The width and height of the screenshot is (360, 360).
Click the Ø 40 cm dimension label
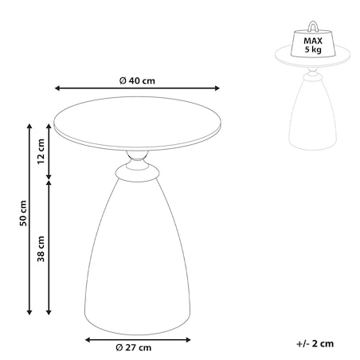137,80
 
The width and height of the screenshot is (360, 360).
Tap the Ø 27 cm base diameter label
134,347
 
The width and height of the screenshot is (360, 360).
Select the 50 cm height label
23,213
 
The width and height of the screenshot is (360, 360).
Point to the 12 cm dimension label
41,151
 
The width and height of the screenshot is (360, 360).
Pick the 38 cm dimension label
41,248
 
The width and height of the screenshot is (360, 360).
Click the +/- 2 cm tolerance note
315,344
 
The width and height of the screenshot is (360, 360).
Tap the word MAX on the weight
313,41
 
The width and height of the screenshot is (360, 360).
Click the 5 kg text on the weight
313,49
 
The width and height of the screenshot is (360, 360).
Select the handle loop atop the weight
313,26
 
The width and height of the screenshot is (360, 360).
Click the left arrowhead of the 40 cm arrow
57,88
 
